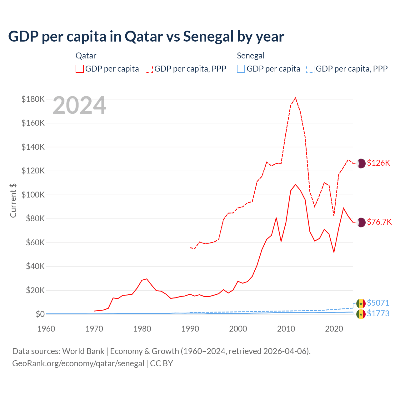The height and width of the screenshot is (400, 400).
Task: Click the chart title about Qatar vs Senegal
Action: [x=146, y=37]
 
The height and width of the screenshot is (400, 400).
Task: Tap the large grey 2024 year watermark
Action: [x=79, y=106]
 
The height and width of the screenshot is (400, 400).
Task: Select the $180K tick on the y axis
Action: [x=33, y=99]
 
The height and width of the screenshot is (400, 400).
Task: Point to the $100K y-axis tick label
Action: [x=33, y=195]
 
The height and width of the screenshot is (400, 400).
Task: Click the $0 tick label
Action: [x=40, y=314]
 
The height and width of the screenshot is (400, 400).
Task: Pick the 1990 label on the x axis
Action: [x=190, y=329]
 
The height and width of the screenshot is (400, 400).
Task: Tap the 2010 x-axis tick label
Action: [x=286, y=329]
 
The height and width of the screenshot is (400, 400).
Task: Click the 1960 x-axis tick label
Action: [x=46, y=329]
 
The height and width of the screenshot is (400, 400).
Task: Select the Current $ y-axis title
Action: [x=13, y=200]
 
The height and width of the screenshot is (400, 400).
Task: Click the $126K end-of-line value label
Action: [x=378, y=163]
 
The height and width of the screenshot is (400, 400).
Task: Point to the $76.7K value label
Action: [x=379, y=222]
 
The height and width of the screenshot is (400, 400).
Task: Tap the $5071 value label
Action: [x=378, y=303]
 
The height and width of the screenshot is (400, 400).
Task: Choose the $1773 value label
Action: [x=378, y=313]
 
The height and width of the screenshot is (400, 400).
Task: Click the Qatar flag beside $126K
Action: [x=361, y=163]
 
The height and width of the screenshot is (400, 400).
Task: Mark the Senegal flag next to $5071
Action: [x=361, y=303]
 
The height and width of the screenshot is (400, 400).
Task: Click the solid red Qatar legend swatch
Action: [x=80, y=69]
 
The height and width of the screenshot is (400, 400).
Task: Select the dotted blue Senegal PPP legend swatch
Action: [x=310, y=69]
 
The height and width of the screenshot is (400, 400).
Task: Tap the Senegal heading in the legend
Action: [x=251, y=56]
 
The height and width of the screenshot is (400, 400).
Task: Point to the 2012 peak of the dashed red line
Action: [x=295, y=98]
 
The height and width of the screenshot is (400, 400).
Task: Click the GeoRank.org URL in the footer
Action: [x=78, y=363]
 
